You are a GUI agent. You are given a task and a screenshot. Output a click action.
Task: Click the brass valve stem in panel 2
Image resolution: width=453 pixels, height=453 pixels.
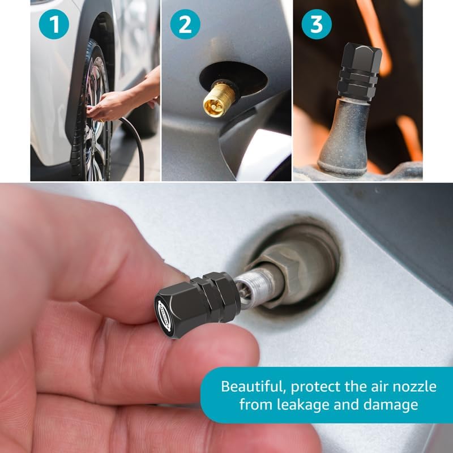coord(218,99)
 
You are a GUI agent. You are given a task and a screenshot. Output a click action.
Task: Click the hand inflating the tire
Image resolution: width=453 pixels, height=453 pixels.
coord(110,105)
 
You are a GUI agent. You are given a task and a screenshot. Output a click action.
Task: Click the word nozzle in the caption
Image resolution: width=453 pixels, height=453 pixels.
coord(411,387)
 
